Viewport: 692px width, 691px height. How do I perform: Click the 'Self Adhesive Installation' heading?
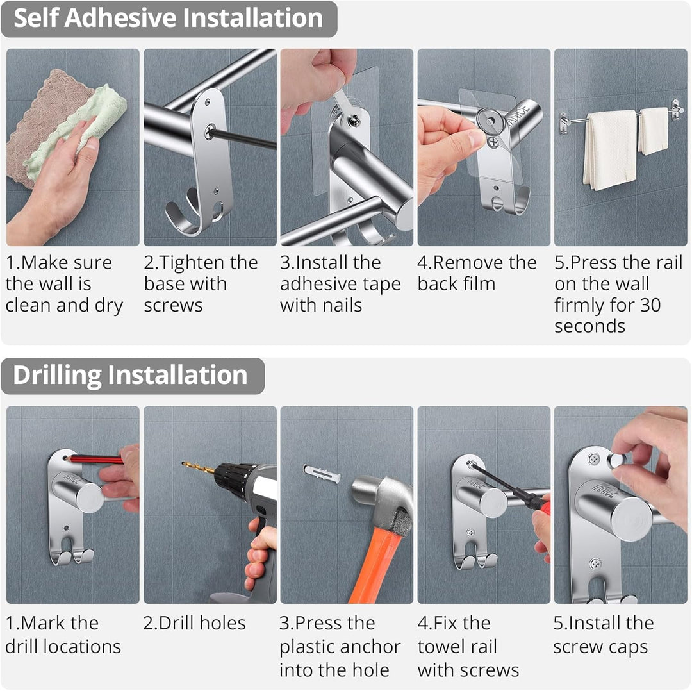coord(168,18)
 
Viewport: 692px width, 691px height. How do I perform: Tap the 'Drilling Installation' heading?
coord(130,375)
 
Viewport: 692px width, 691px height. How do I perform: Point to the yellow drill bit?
coord(199,467)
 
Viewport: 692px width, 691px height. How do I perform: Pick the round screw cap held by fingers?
coord(616,460)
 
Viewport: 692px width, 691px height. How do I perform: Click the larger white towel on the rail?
coord(611,149)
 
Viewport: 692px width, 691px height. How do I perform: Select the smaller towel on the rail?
coord(654,131)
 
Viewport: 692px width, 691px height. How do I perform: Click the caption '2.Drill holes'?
coord(194,624)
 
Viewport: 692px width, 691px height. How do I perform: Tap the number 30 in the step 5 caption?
coord(650,305)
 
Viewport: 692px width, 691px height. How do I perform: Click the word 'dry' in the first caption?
coord(108,306)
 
